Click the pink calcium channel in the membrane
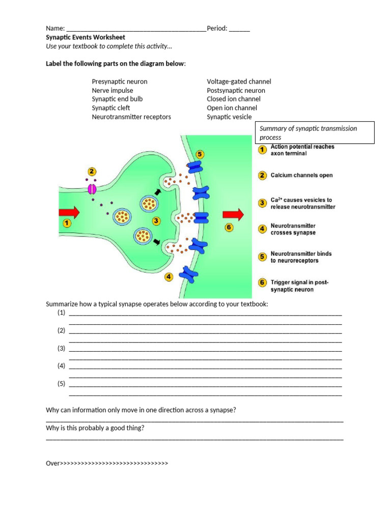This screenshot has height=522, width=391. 92,189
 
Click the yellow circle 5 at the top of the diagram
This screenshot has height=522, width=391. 200,154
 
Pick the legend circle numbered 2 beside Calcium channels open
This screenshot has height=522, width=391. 262,175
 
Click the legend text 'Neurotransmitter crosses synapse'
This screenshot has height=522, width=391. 293,229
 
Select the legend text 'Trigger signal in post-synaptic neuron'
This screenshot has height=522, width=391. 299,285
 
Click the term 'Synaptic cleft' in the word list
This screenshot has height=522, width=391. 111,108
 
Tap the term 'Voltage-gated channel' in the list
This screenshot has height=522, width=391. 239,82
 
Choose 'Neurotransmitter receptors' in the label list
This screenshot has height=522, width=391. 131,117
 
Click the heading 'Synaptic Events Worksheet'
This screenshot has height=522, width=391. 86,37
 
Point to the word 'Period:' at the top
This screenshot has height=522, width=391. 217,29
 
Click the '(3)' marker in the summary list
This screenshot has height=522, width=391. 62,348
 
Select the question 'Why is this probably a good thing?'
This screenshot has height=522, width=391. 95,428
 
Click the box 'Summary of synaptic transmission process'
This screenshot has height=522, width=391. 314,133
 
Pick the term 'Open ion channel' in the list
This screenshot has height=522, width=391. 232,108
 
